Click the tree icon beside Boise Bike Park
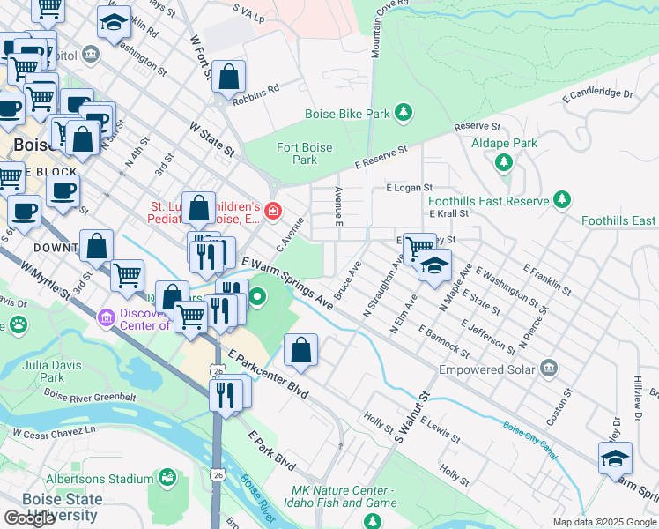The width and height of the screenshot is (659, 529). click(404, 112)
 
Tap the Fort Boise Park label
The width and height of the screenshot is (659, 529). click(304, 153)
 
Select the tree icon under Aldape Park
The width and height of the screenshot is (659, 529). click(504, 161)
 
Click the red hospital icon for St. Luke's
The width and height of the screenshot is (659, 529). click(273, 211)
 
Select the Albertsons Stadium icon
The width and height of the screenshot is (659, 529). click(166, 479)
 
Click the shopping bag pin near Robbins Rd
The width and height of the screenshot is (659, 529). click(229, 78)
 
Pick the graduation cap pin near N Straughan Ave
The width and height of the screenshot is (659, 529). click(434, 264)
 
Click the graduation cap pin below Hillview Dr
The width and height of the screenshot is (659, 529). click(615, 458)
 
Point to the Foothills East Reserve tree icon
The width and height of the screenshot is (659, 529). click(562, 201)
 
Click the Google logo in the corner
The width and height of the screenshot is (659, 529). click(29, 518)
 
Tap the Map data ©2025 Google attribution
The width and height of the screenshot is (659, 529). click(603, 522)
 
